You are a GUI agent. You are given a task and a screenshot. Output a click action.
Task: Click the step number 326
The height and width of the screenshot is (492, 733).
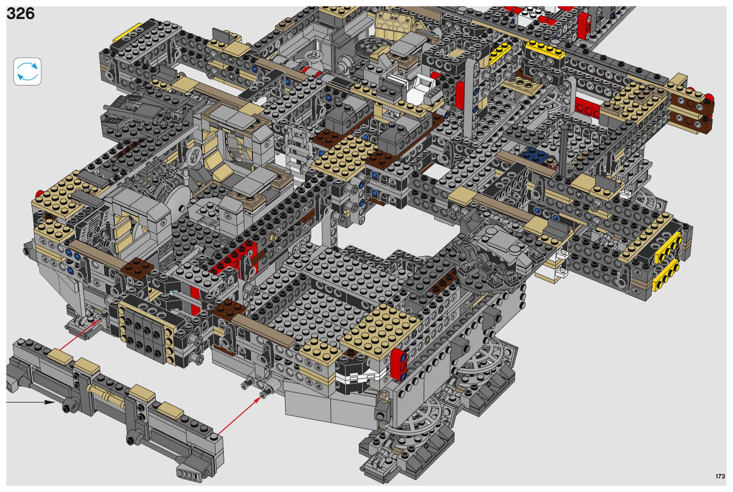coord(20,13)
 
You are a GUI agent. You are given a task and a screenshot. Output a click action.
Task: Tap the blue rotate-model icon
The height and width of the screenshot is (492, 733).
coord(27,71)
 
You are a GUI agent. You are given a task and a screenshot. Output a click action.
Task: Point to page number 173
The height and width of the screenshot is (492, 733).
coord(720,476)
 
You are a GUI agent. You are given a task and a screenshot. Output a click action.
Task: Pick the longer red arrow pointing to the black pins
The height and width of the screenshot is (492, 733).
coord(239,415)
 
